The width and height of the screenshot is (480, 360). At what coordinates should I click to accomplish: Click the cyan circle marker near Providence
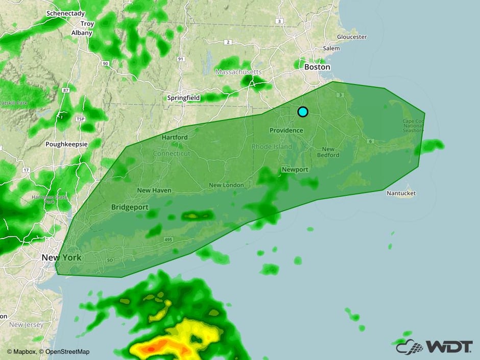coord(303,112)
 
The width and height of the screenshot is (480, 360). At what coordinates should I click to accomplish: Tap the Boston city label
coord(317,67)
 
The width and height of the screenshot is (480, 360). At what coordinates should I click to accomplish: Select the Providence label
coord(286,130)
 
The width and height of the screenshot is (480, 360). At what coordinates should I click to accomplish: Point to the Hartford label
coord(175,137)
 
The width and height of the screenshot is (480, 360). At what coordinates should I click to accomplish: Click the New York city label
coord(61,258)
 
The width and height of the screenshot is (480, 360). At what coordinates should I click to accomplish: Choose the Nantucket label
coord(401,193)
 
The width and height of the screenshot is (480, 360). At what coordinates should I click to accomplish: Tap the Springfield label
coord(184,98)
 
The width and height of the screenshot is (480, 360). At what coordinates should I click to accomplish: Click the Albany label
coord(82,33)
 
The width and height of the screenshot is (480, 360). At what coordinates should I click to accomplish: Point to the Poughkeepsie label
coord(66,144)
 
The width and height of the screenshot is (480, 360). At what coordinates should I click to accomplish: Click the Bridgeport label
coord(130,207)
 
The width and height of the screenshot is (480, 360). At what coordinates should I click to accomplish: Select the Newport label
coord(295,170)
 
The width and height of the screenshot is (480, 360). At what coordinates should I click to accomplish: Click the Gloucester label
coord(352,37)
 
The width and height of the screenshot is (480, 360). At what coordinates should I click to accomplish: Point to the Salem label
coord(331,48)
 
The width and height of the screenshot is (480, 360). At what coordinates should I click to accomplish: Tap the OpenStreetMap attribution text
coord(67,351)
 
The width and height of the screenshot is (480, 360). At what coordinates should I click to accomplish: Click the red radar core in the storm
coord(151,349)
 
